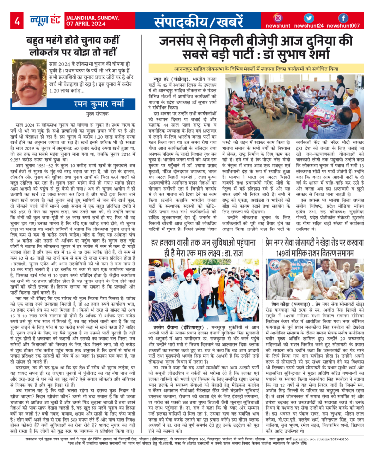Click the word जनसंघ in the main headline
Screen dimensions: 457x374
pos(181,42)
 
